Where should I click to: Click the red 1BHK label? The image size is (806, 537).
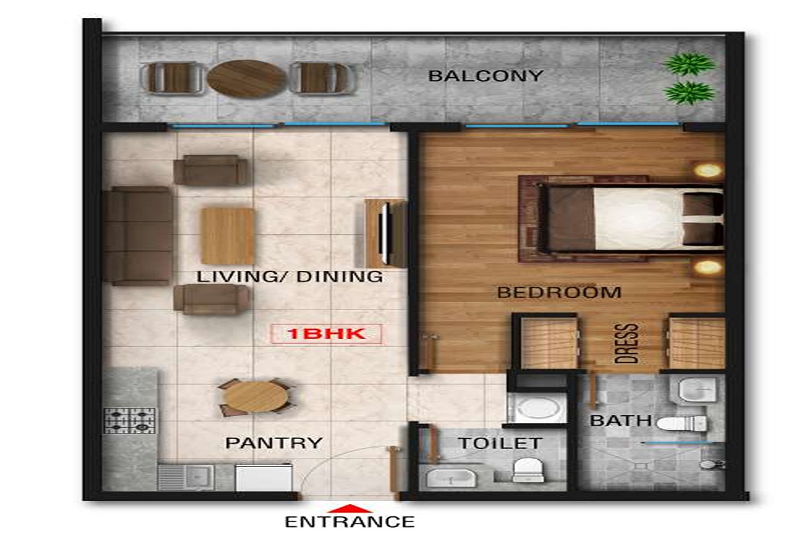326,334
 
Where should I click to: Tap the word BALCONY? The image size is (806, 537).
486,76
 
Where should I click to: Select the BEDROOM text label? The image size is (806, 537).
559,293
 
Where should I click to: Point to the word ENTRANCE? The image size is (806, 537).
350,522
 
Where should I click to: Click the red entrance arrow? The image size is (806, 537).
349,508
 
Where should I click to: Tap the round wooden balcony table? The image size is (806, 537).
247,79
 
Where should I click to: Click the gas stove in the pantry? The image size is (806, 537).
130,420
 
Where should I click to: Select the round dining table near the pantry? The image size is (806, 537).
255,397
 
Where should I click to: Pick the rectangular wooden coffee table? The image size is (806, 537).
228,236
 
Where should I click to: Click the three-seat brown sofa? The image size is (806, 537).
138,236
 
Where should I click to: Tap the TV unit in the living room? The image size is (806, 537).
385,233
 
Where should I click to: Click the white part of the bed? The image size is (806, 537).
639,218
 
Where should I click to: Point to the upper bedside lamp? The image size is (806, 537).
708,170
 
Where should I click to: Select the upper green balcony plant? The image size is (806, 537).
689,64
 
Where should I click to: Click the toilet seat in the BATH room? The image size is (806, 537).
681,424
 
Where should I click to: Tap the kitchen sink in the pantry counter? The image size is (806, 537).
186,477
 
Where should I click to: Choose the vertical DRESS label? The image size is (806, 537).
627,343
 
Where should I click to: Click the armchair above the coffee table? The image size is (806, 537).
212,170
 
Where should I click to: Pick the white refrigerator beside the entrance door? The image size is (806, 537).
264,478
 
